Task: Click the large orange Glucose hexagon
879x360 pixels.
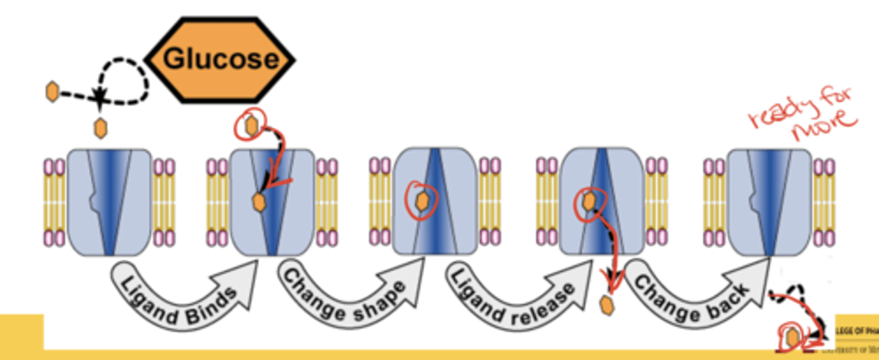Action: pos(220,60)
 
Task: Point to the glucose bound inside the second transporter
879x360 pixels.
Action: pos(259,201)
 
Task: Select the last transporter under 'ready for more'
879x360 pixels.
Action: pos(770,201)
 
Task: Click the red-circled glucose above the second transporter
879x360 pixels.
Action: pos(251,125)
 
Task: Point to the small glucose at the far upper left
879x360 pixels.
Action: pos(52,92)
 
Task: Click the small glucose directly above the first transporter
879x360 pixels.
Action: pos(99,128)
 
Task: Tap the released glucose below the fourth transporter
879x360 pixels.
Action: pos(607,305)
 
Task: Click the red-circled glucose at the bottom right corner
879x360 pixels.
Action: pos(792,337)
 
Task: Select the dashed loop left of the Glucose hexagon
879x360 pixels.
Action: pos(125,81)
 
